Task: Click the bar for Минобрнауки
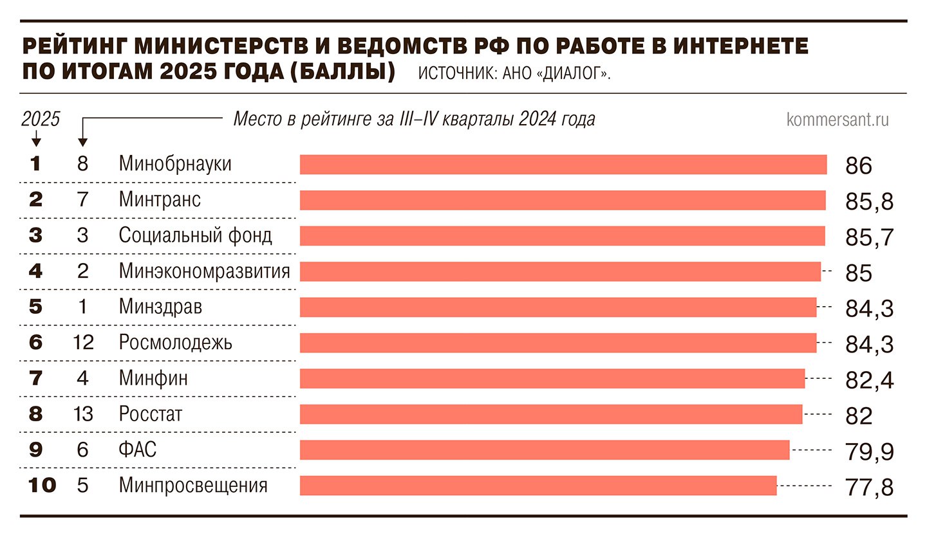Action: pyautogui.click(x=563, y=165)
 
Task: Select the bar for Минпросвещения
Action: pyautogui.click(x=538, y=486)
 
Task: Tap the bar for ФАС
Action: pyautogui.click(x=545, y=450)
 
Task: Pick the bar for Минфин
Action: pyautogui.click(x=552, y=379)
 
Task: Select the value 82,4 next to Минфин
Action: pyautogui.click(x=869, y=381)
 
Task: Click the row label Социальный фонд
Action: pyautogui.click(x=195, y=235)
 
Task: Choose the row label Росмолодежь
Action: pyautogui.click(x=175, y=343)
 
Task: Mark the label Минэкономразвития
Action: pyautogui.click(x=204, y=271)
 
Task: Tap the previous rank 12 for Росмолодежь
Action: pyautogui.click(x=82, y=343)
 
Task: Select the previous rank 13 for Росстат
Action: pyautogui.click(x=82, y=414)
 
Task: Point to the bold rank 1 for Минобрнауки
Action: pyautogui.click(x=35, y=165)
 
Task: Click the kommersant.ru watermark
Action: pyautogui.click(x=838, y=120)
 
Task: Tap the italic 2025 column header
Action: pyautogui.click(x=41, y=120)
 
